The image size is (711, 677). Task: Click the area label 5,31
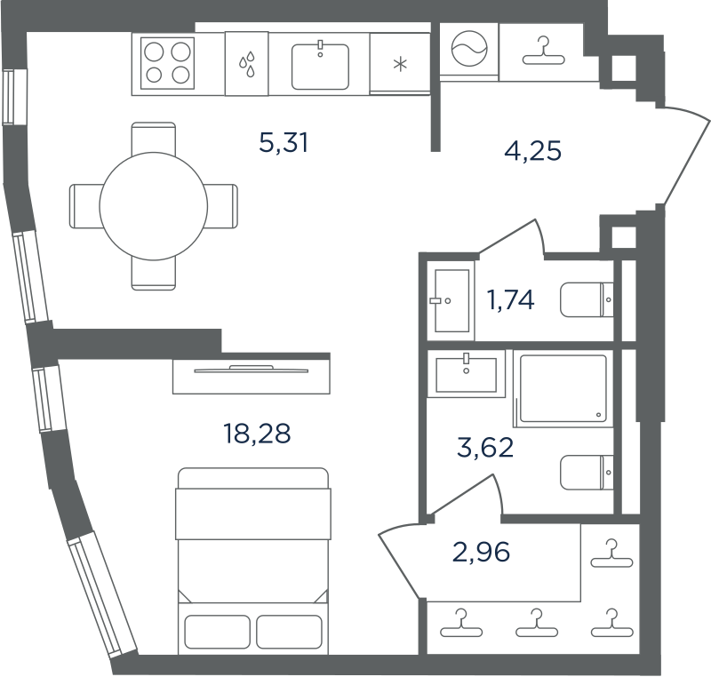pyautogui.click(x=284, y=142)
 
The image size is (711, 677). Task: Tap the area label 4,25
pyautogui.click(x=532, y=151)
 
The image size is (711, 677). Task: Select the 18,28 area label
pyautogui.click(x=257, y=433)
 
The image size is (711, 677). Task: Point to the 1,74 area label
pyautogui.click(x=510, y=299)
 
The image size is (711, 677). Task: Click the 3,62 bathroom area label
pyautogui.click(x=485, y=447)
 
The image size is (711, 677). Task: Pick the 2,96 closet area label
pyautogui.click(x=481, y=552)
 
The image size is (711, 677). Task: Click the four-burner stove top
pyautogui.click(x=167, y=63)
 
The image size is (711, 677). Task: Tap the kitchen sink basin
pyautogui.click(x=320, y=66)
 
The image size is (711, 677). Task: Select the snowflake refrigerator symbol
pyautogui.click(x=400, y=64)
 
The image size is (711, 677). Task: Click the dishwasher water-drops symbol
pyautogui.click(x=247, y=64)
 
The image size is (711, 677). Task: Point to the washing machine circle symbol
pyautogui.click(x=469, y=49)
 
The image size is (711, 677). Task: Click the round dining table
pyautogui.click(x=154, y=206)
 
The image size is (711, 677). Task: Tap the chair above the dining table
pyautogui.click(x=154, y=138)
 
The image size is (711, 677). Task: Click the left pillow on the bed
pyautogui.click(x=217, y=632)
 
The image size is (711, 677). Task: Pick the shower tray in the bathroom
pyautogui.click(x=563, y=388)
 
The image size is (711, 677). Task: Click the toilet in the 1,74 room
pyautogui.click(x=587, y=300)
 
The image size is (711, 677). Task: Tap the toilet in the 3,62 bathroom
pyautogui.click(x=587, y=473)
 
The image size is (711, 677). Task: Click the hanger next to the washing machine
pyautogui.click(x=543, y=52)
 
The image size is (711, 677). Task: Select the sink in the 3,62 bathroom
pyautogui.click(x=466, y=374)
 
